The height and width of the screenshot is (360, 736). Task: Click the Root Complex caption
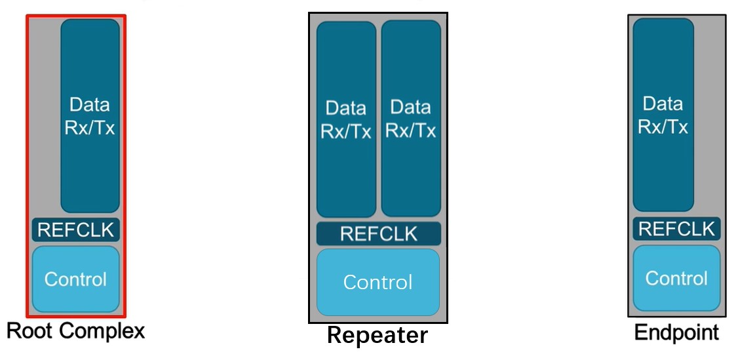coord(75,331)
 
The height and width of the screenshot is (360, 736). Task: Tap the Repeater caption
coord(378,335)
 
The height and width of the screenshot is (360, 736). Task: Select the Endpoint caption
coord(676,332)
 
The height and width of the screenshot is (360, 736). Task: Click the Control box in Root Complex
coord(76,279)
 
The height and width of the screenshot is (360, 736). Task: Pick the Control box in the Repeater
coord(378,282)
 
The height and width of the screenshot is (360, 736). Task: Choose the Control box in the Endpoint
coord(676,278)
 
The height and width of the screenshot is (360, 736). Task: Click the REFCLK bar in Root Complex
coord(76,230)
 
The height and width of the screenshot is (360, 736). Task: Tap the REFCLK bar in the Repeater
coord(378,234)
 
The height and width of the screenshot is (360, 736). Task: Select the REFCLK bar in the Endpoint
coord(676,229)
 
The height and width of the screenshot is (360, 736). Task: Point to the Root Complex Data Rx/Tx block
coord(90,115)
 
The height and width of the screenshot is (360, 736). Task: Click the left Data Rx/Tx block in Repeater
coord(346,119)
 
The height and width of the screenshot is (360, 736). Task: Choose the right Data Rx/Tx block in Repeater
coord(410,119)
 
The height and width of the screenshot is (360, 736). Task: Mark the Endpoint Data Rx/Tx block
coord(663,115)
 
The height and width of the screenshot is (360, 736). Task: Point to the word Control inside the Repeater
coord(378,283)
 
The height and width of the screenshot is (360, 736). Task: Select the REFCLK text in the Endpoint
coord(676,229)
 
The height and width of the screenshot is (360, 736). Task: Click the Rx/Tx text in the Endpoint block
coord(663,127)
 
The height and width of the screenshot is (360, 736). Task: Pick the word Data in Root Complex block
coord(90,105)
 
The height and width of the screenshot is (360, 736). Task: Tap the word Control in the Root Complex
coord(76,279)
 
